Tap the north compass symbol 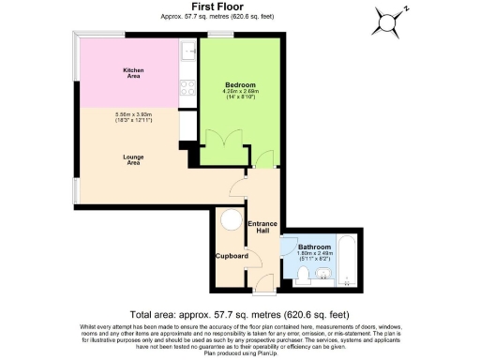pos(391,18)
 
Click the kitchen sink pos(187,52)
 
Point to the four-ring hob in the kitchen pos(187,90)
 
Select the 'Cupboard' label pos(231,255)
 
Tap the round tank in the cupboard pos(231,222)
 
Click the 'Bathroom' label pos(313,247)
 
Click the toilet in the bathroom pos(304,275)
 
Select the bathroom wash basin pos(324,276)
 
